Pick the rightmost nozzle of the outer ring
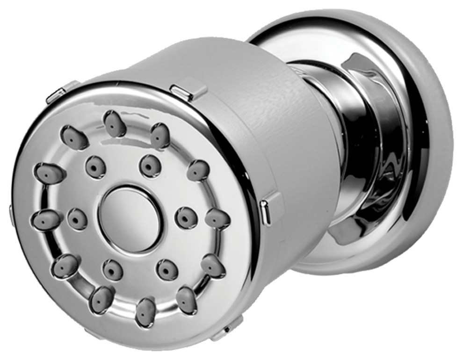click(217, 219)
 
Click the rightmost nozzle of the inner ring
click(186, 216)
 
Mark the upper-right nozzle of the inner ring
click(151, 166)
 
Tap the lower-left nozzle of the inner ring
click(112, 269)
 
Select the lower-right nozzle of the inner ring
click(167, 270)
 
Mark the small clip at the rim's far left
click(10, 213)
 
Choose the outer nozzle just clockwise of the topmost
click(159, 136)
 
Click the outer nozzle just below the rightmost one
click(213, 266)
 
